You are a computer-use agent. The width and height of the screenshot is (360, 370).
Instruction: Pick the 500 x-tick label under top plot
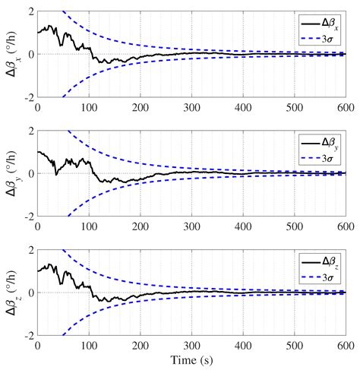pos(293,106)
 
